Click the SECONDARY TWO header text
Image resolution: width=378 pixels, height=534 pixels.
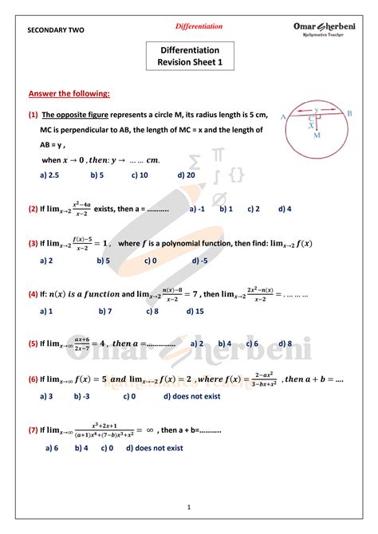coord(56,30)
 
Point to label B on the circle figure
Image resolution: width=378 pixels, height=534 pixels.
coord(348,113)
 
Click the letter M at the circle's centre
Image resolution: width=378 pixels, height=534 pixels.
coord(317,136)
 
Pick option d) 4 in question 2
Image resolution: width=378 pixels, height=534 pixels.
coord(285,209)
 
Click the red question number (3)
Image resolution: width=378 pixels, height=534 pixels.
coord(33,244)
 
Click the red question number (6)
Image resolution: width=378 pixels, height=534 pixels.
coord(33,379)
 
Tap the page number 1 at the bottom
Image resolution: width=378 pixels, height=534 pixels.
coord(189,507)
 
